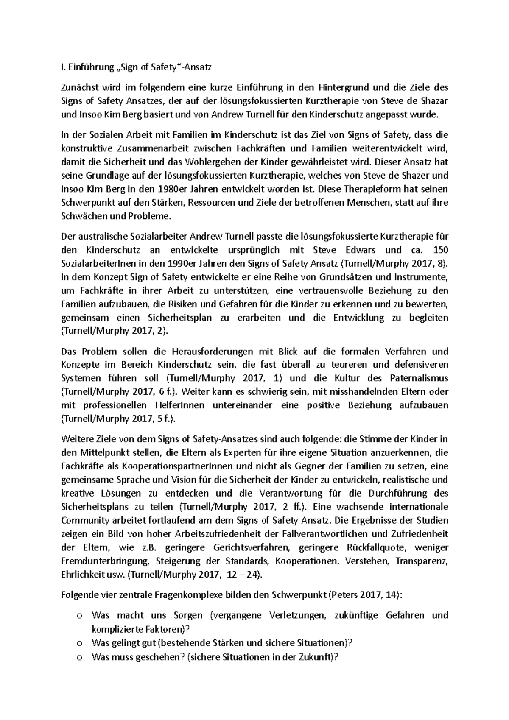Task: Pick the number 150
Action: [x=440, y=250]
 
